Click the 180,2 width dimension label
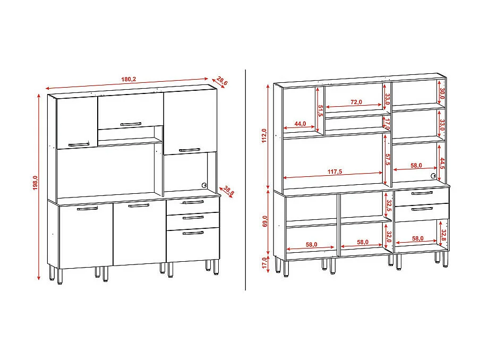(128, 79)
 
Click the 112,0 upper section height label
(264, 136)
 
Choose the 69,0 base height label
(264, 221)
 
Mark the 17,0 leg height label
(264, 263)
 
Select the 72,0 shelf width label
(356, 102)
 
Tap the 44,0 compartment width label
(300, 124)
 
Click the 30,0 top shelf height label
(441, 94)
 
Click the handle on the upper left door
(78, 143)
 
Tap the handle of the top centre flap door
(131, 124)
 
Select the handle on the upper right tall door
(190, 150)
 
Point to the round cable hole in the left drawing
(204, 185)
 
